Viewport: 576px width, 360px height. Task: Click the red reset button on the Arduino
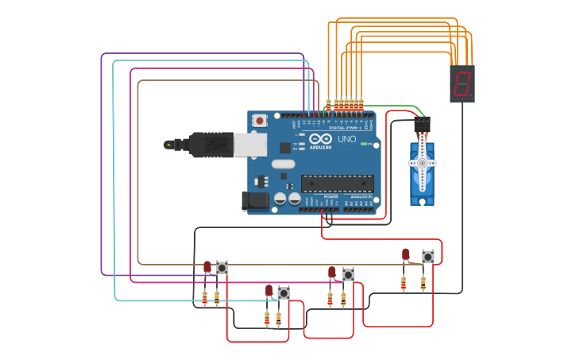pyautogui.click(x=260, y=121)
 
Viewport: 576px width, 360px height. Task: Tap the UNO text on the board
pyautogui.click(x=347, y=139)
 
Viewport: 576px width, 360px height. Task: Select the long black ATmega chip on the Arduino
pyautogui.click(x=338, y=184)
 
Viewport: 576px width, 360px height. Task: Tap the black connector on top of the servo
pyautogui.click(x=422, y=125)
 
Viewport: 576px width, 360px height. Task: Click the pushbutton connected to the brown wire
pyautogui.click(x=222, y=268)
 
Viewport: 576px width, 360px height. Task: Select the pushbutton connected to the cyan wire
pyautogui.click(x=284, y=292)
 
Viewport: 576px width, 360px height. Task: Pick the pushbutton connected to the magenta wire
pyautogui.click(x=348, y=275)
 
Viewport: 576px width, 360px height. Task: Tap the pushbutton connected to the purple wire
pyautogui.click(x=428, y=257)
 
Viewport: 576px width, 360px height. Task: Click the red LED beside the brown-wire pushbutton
pyautogui.click(x=207, y=267)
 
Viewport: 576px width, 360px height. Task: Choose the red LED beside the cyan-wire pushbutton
pyautogui.click(x=269, y=291)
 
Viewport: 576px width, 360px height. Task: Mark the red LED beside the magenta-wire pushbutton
pyautogui.click(x=332, y=273)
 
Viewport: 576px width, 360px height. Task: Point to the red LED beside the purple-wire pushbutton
pyautogui.click(x=405, y=254)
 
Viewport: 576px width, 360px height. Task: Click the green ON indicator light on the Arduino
pyautogui.click(x=362, y=144)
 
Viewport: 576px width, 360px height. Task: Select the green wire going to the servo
pyautogui.click(x=397, y=106)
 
